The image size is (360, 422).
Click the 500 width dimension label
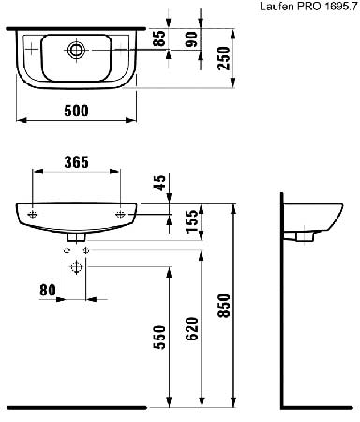tap(77, 111)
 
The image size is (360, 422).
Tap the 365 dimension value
tap(77, 162)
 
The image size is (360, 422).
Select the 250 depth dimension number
tap(224, 58)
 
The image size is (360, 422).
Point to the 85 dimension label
tap(159, 38)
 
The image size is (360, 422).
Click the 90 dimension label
tap(191, 39)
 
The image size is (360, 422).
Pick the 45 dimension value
tap(160, 183)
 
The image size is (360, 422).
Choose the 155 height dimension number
tap(192, 221)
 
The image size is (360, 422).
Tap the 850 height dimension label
tap(224, 306)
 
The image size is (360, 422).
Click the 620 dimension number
tap(192, 328)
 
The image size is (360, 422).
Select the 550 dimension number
tap(159, 337)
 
